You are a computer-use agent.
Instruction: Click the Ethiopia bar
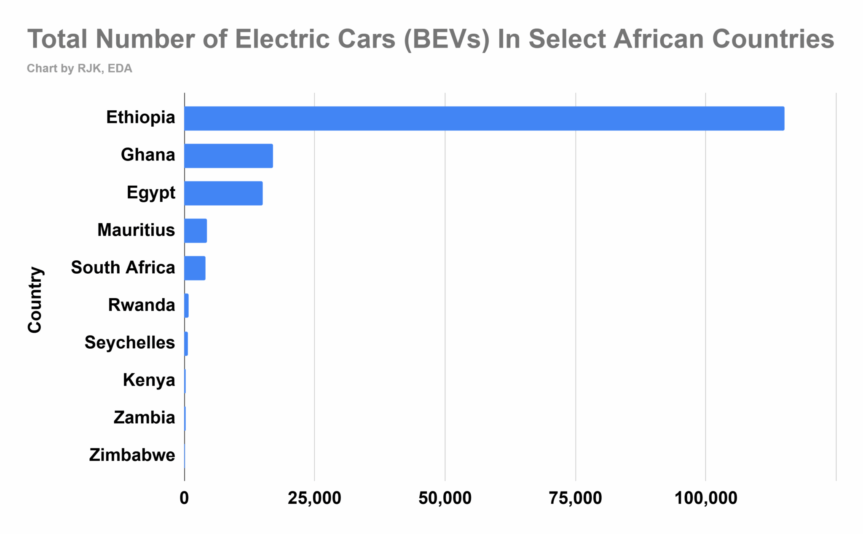484,118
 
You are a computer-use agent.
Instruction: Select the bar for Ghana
228,156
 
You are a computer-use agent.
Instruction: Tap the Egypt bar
223,193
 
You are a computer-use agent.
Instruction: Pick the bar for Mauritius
196,231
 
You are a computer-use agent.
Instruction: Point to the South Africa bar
195,268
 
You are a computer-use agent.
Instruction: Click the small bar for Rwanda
186,306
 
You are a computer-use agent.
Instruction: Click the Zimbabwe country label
132,455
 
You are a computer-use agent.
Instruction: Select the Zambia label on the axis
144,418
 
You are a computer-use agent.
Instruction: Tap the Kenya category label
149,380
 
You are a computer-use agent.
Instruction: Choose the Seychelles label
130,343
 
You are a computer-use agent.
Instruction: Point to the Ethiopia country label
140,117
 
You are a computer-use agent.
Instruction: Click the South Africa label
123,268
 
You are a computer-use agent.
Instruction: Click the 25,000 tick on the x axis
314,498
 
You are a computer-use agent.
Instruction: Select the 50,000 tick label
445,498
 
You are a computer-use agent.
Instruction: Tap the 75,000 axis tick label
575,498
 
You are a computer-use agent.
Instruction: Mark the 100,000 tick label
706,498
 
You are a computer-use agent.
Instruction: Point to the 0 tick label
184,498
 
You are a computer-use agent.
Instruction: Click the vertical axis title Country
35,300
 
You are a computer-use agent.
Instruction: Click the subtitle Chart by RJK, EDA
79,69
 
